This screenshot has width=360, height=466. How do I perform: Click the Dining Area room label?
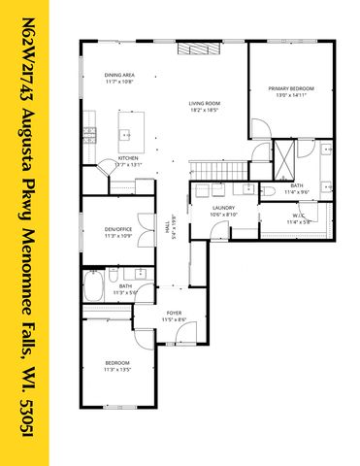point(119,76)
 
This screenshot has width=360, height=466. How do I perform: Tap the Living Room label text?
point(205,103)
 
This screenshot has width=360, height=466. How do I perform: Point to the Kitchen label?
point(128,157)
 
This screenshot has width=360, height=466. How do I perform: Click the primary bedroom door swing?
point(259,130)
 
